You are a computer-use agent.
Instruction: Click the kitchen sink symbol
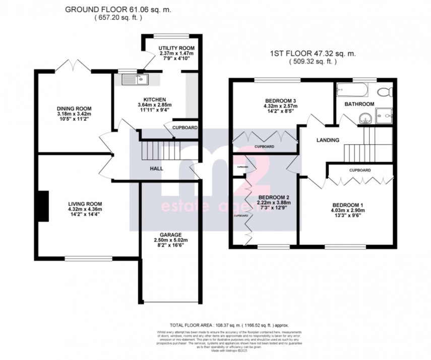pos(133,79)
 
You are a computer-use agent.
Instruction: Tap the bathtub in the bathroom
pos(352,91)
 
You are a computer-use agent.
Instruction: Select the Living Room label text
pos(85,204)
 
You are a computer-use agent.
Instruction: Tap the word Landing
pos(327,140)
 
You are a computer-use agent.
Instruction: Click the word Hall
pos(156,168)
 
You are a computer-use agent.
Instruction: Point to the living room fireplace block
pos(44,206)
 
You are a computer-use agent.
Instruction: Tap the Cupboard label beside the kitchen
pos(185,128)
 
